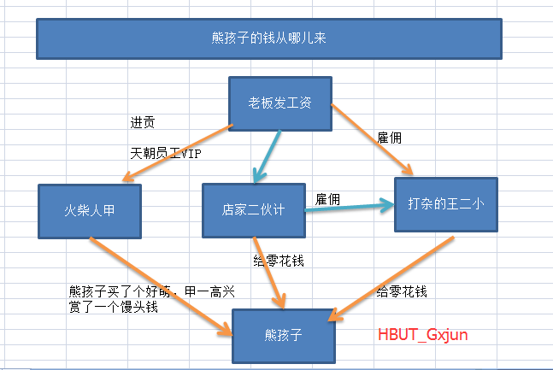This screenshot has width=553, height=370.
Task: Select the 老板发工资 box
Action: pyautogui.click(x=279, y=104)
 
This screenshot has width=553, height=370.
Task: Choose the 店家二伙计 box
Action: pyautogui.click(x=253, y=209)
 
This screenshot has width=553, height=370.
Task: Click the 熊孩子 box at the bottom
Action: pyautogui.click(x=282, y=334)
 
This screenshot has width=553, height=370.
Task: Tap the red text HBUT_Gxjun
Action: pyautogui.click(x=423, y=334)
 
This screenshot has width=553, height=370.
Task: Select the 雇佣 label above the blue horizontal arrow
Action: pyautogui.click(x=328, y=199)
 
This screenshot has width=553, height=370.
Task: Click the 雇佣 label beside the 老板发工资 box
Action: pyautogui.click(x=389, y=137)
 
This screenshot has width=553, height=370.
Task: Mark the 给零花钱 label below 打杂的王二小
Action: pyautogui.click(x=402, y=291)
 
